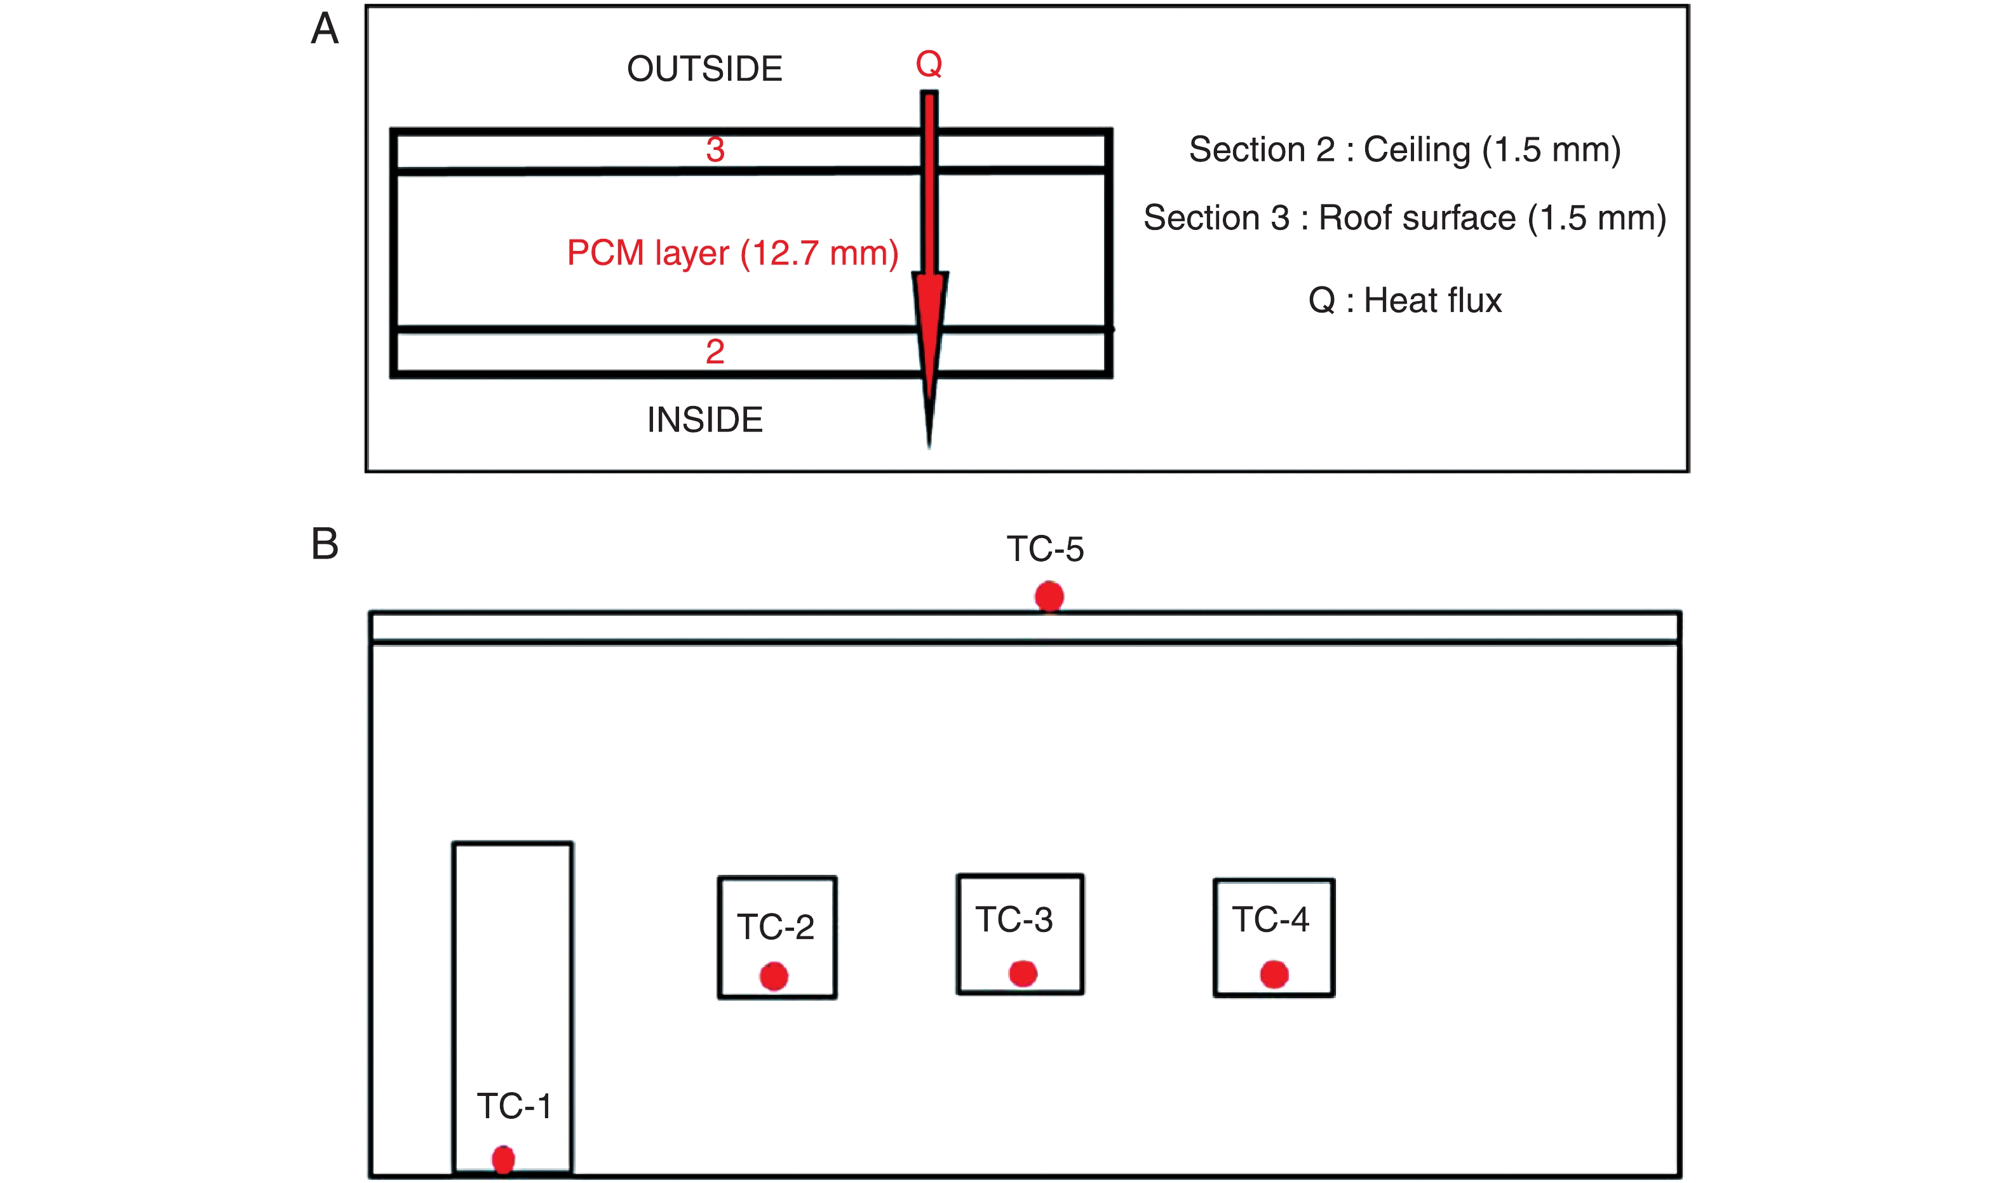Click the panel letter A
coord(325,29)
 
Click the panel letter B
coord(325,544)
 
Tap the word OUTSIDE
coord(704,69)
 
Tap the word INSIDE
coord(704,420)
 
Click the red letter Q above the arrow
coord(928,64)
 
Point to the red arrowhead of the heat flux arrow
coord(929,335)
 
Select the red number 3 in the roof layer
coord(715,150)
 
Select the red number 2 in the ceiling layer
coord(715,351)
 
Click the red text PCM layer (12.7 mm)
coord(732,253)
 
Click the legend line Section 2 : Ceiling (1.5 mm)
coord(1404,150)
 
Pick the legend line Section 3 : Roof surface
coord(1404,219)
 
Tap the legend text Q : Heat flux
coord(1404,301)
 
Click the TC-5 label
coord(1045,549)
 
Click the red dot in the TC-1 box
coord(503,1159)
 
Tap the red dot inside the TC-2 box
coord(773,977)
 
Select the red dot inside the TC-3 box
coord(1022,973)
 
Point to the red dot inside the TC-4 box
coord(1274,974)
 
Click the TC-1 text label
coord(514,1107)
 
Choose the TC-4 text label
coord(1270,920)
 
